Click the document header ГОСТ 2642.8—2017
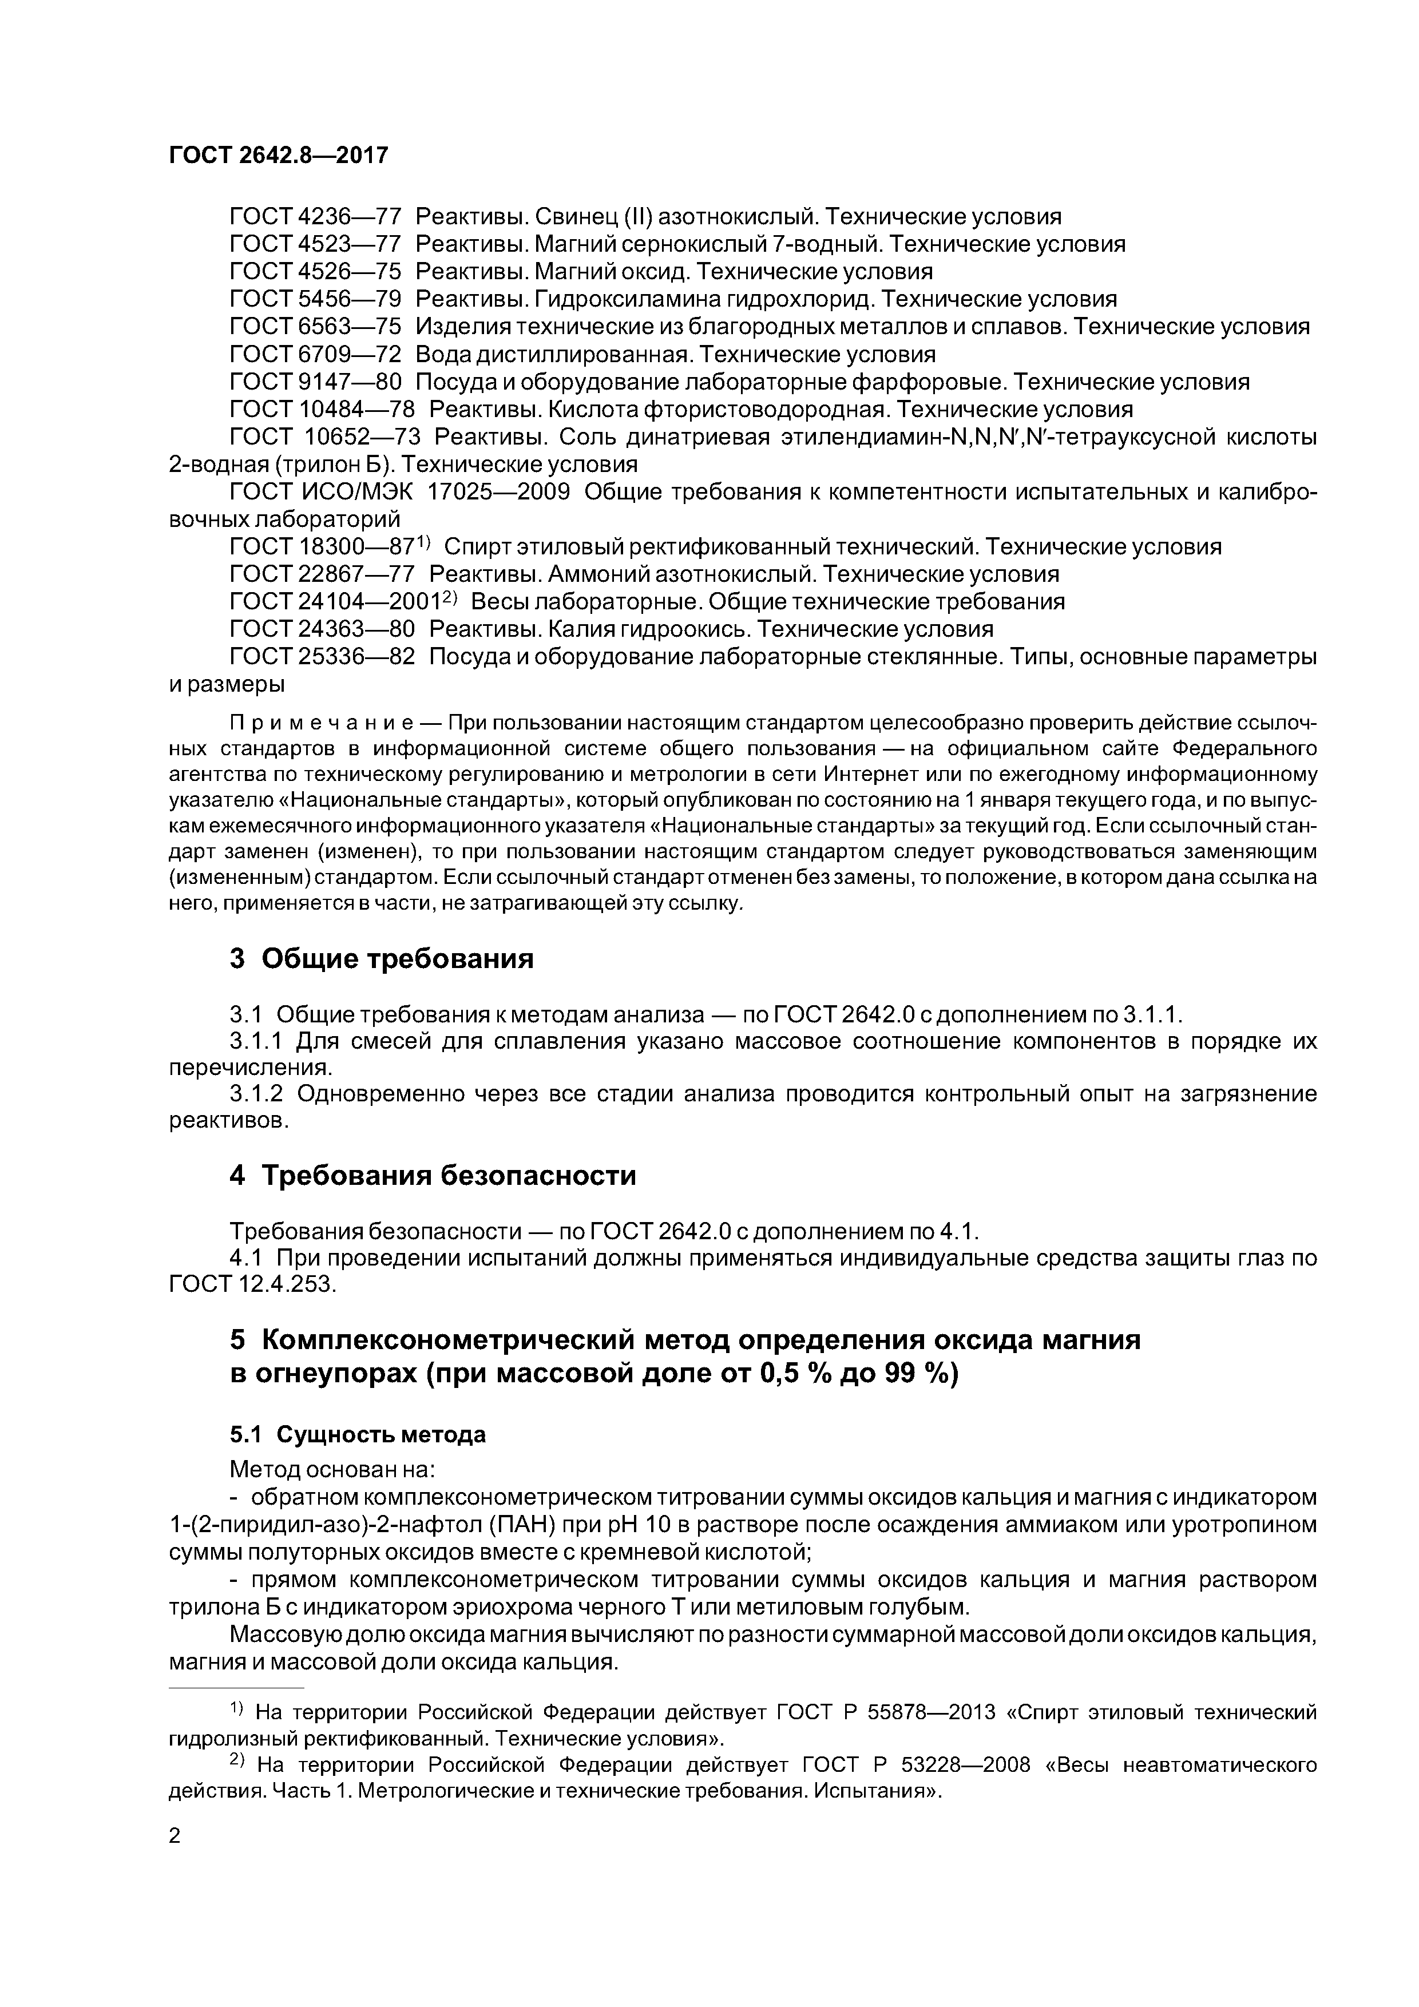278,156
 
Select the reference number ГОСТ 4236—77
315,217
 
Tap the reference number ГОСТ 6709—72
315,354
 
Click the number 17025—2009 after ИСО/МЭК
497,491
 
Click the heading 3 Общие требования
381,959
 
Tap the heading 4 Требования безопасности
433,1176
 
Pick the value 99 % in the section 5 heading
914,1374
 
